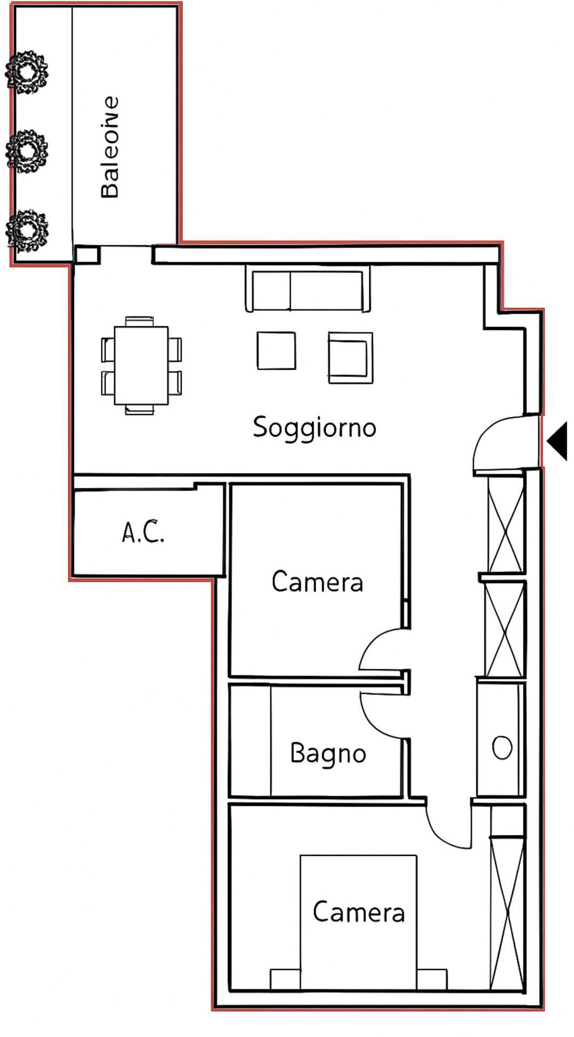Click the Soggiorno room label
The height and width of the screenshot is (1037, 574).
(x=314, y=428)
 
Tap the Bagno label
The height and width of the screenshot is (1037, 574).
(x=328, y=753)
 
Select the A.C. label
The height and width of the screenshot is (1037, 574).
(x=143, y=533)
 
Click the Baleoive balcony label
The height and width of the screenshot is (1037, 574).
(x=110, y=147)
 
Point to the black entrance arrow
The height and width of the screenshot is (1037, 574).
(x=558, y=441)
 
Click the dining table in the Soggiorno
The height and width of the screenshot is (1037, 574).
(x=141, y=365)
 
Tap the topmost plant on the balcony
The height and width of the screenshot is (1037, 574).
(x=26, y=72)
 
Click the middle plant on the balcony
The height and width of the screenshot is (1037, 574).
(x=26, y=151)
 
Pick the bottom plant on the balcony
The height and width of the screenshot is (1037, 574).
(x=26, y=230)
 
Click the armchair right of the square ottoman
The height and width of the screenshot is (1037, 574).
(x=350, y=358)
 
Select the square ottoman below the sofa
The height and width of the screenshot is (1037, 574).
(x=276, y=351)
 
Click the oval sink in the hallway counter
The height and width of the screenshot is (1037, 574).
(x=502, y=748)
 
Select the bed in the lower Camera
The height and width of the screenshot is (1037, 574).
(x=359, y=921)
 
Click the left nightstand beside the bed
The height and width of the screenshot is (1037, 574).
(x=285, y=979)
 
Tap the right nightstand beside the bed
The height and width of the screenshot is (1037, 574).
(x=432, y=979)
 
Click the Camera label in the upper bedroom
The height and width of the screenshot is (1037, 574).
(x=317, y=582)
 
